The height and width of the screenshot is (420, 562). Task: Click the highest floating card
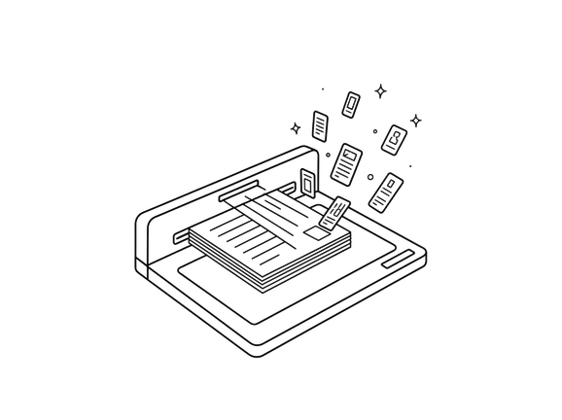click(351, 102)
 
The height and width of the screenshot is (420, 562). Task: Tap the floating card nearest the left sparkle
click(320, 125)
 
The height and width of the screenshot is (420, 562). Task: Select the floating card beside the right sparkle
click(395, 138)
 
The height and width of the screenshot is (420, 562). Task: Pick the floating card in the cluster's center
click(345, 162)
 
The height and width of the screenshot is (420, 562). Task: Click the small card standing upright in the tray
click(308, 183)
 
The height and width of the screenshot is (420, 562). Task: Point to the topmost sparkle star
click(381, 89)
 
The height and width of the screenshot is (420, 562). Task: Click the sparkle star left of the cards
click(297, 126)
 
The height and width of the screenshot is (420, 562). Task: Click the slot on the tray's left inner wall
click(182, 236)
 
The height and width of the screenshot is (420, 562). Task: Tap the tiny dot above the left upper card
click(322, 89)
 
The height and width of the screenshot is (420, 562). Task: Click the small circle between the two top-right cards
click(374, 129)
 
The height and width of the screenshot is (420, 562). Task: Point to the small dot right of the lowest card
click(410, 167)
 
